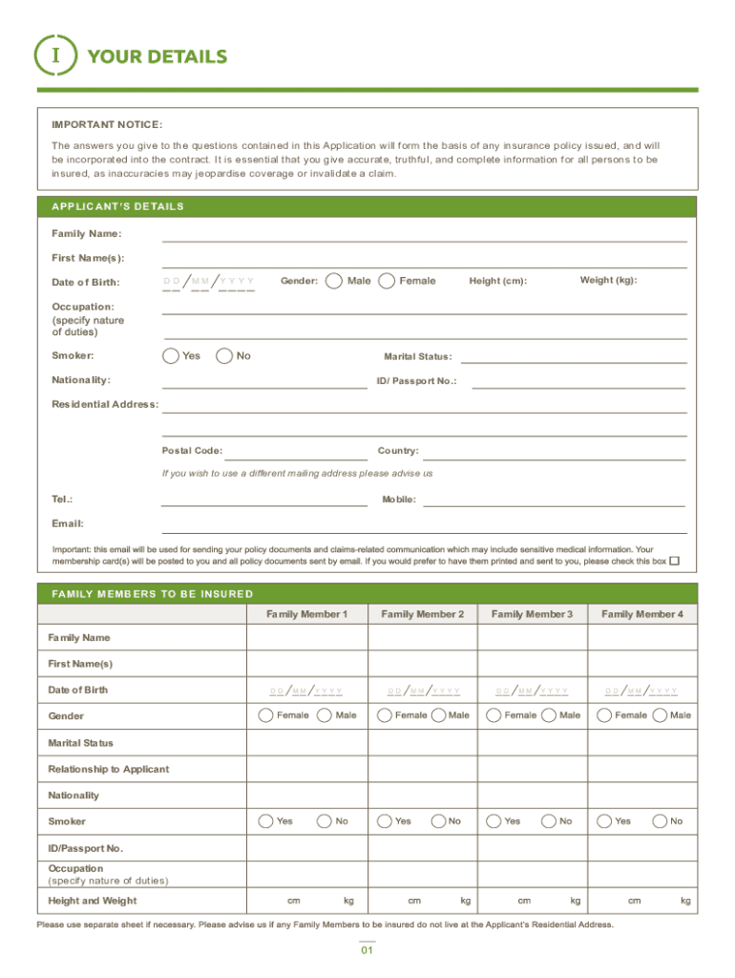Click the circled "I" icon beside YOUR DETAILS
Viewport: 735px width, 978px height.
[54, 56]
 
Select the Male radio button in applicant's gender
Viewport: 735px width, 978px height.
[334, 281]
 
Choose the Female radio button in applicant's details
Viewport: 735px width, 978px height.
[387, 281]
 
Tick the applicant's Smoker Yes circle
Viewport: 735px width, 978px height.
[170, 356]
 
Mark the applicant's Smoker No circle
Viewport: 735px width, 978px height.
[224, 356]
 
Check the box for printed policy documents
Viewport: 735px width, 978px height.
[674, 562]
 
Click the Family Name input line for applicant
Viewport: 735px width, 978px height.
[424, 235]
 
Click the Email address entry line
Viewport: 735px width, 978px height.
[424, 525]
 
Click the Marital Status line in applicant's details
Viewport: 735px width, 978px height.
[574, 357]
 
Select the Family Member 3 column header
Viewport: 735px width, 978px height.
[532, 614]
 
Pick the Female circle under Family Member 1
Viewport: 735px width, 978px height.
[266, 715]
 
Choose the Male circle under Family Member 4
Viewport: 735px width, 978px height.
[660, 715]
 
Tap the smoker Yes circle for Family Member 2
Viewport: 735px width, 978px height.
[385, 821]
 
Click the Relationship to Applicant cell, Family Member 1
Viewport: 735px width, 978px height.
[306, 769]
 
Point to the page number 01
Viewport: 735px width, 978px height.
[367, 951]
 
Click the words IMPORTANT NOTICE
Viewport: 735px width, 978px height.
[106, 125]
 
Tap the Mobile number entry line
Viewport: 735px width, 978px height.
[554, 500]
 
